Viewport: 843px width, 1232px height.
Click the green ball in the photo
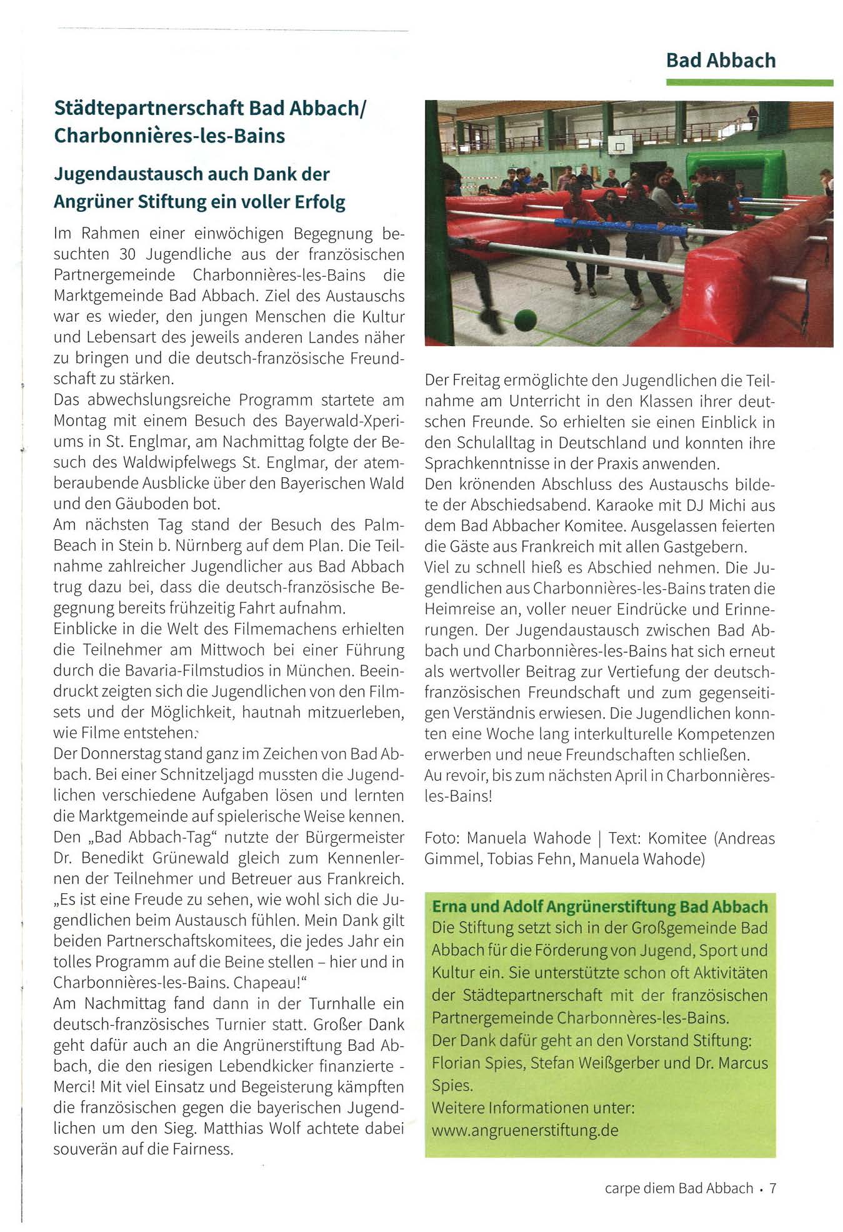point(526,320)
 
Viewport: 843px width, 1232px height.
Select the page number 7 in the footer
point(772,1188)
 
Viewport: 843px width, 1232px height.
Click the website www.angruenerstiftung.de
point(525,1130)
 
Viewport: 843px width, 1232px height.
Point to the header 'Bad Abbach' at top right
point(721,61)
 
